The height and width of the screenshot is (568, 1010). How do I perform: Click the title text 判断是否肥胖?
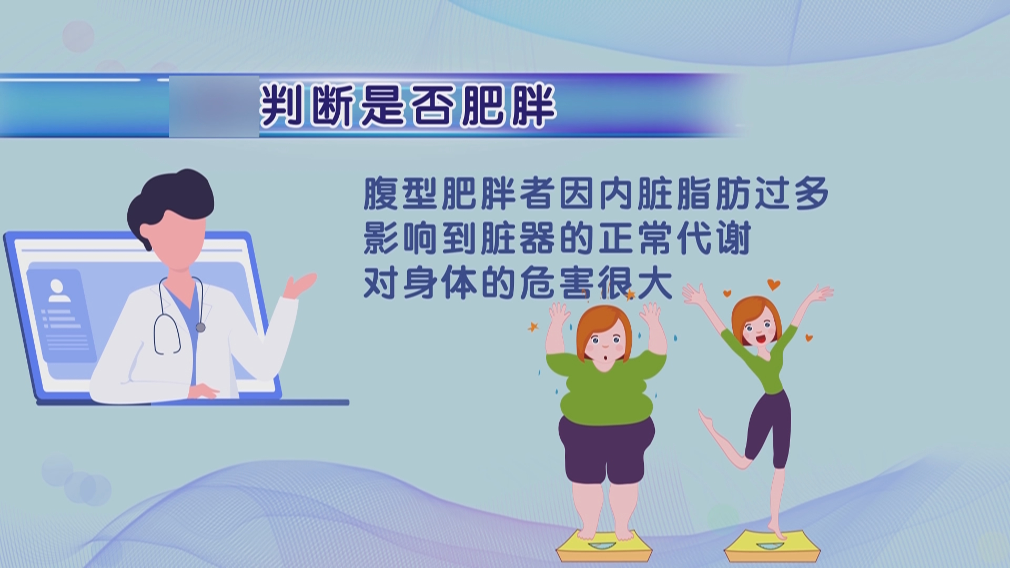(x=408, y=106)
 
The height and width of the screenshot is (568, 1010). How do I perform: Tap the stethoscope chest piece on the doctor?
(x=200, y=327)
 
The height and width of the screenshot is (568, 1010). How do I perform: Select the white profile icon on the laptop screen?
(x=57, y=290)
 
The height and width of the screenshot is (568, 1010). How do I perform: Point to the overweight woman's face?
(x=605, y=344)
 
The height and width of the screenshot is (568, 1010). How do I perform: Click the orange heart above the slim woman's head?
(x=773, y=285)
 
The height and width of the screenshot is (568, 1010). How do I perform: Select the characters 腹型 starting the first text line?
(x=401, y=194)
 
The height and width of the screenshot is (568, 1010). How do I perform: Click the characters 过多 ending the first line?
(x=792, y=194)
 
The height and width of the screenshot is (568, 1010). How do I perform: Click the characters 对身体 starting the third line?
(x=420, y=285)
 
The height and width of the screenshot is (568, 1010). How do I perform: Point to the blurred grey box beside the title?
(x=214, y=106)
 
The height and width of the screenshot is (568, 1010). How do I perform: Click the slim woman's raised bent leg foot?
(x=705, y=419)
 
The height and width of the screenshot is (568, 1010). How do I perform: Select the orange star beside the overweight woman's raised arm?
(x=533, y=327)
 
